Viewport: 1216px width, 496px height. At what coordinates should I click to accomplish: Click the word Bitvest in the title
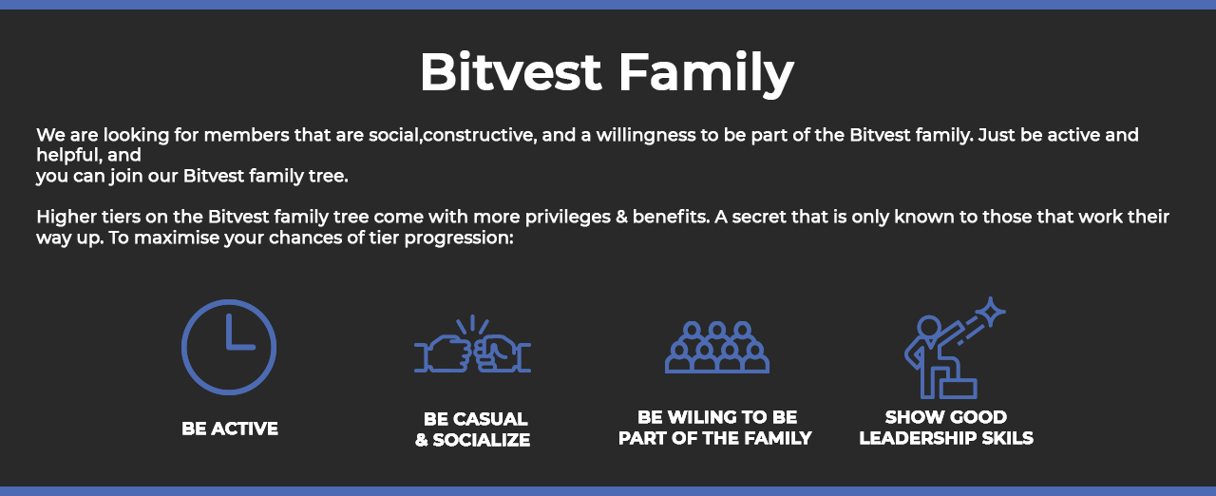(x=510, y=71)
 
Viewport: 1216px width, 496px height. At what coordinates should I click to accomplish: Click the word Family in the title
(x=706, y=74)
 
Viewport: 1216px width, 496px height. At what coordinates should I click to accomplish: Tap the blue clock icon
(x=229, y=347)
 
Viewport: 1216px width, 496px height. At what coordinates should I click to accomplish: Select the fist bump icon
(x=472, y=344)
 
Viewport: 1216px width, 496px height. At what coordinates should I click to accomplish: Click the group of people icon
(x=717, y=347)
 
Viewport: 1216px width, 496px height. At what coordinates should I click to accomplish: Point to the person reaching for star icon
(x=955, y=348)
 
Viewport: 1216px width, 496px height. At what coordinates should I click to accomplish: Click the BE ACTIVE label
(x=230, y=429)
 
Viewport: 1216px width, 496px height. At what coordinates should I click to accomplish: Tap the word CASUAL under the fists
(x=490, y=419)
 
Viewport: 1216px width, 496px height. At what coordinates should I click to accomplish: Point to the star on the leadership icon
(x=991, y=312)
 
